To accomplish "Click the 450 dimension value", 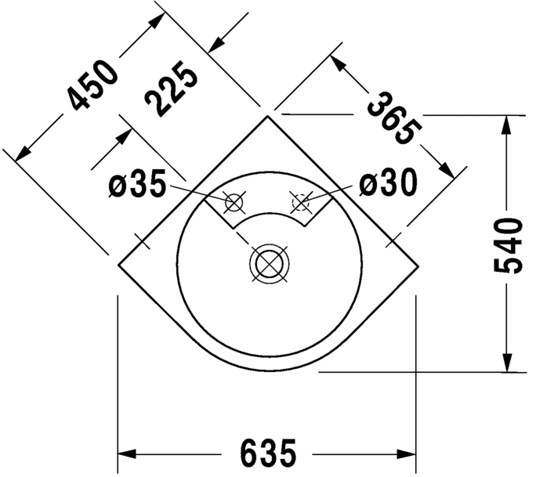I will coord(92,84).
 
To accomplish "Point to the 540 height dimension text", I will coord(509,245).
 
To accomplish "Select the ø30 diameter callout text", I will coord(388,184).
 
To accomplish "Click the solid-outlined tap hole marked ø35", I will coord(234,203).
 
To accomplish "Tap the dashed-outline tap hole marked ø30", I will coord(300,202).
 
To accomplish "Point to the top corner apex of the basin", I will coord(268,115).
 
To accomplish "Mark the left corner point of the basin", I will coord(118,264).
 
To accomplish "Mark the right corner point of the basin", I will coord(417,264).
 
